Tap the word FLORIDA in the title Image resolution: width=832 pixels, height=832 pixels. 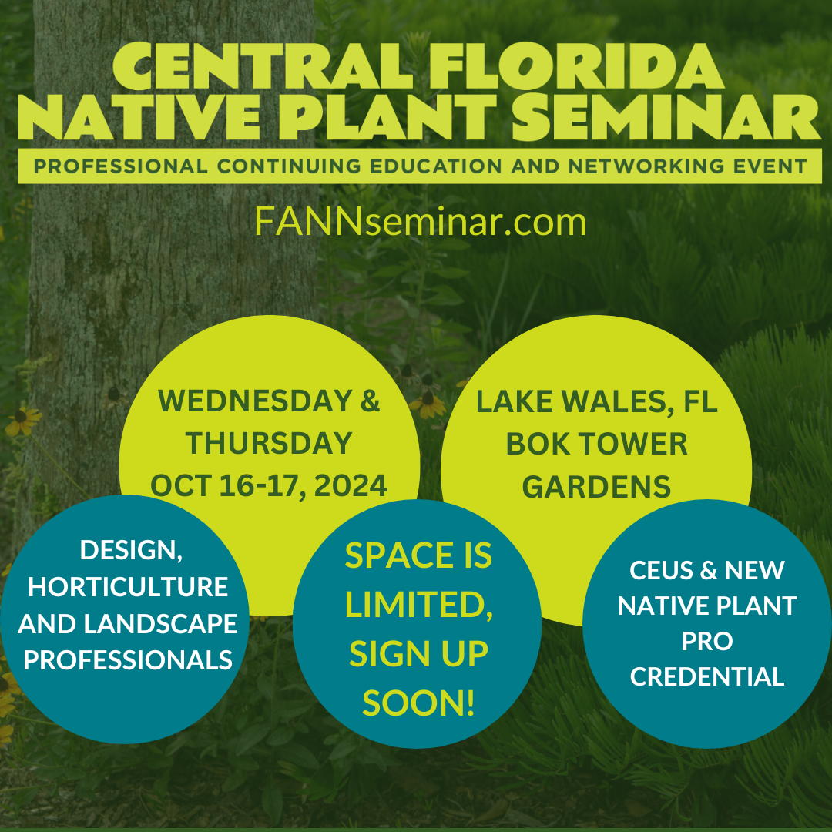pyautogui.click(x=576, y=65)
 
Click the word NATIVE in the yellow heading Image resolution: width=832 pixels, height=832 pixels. pyautogui.click(x=139, y=117)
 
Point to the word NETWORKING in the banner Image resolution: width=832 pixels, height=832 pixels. pyautogui.click(x=646, y=166)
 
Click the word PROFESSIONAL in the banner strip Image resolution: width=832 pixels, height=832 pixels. pyautogui.click(x=120, y=166)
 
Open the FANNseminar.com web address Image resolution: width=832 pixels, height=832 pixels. pyautogui.click(x=421, y=222)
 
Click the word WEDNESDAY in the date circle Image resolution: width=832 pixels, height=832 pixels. pyautogui.click(x=255, y=401)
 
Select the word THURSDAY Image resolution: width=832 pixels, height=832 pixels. pyautogui.click(x=269, y=443)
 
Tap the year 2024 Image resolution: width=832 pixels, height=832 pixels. pyautogui.click(x=351, y=485)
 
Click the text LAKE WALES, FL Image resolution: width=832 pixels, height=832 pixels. pyautogui.click(x=596, y=401)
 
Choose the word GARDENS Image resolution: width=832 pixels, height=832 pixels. pyautogui.click(x=596, y=487)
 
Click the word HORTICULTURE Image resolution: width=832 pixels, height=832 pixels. pyautogui.click(x=128, y=587)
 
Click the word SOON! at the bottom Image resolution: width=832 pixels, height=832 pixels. pyautogui.click(x=418, y=703)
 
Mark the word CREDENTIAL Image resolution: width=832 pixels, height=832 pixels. pyautogui.click(x=706, y=676)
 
